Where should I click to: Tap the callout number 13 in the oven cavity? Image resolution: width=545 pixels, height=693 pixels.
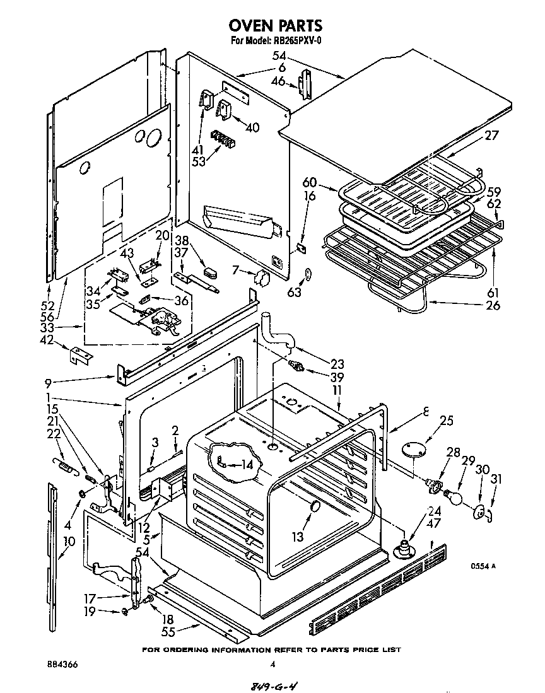pos(296,537)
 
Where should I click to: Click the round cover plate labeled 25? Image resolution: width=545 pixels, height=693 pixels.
pos(414,448)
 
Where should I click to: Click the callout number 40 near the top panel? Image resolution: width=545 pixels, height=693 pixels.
pos(252,127)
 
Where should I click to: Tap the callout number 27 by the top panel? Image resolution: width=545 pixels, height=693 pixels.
pos(493,134)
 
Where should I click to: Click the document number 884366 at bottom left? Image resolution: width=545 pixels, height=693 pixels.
pos(62,664)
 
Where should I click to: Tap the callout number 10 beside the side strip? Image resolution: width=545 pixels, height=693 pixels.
pos(69,540)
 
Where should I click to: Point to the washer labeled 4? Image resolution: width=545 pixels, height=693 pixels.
pos(82,492)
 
